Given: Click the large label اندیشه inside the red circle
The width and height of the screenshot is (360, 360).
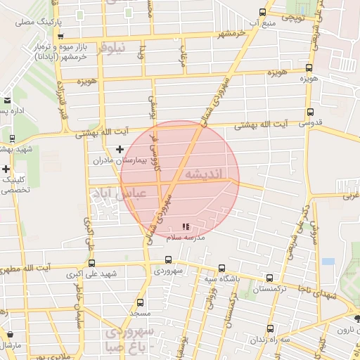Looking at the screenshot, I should point(205,173).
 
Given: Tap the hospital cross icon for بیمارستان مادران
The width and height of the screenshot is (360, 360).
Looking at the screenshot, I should point(120,149).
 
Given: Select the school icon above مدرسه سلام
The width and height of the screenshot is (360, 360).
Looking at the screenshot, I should point(185,227).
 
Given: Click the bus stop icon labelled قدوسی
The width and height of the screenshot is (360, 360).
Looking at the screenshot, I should point(310,112).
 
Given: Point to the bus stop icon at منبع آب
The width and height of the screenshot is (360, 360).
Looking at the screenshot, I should point(262,12).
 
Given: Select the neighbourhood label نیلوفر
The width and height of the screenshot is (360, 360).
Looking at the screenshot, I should point(113,47).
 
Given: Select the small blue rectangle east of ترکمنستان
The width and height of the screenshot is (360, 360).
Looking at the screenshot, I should point(328,262).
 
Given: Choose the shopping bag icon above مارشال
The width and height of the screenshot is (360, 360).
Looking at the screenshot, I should point(9,335).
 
